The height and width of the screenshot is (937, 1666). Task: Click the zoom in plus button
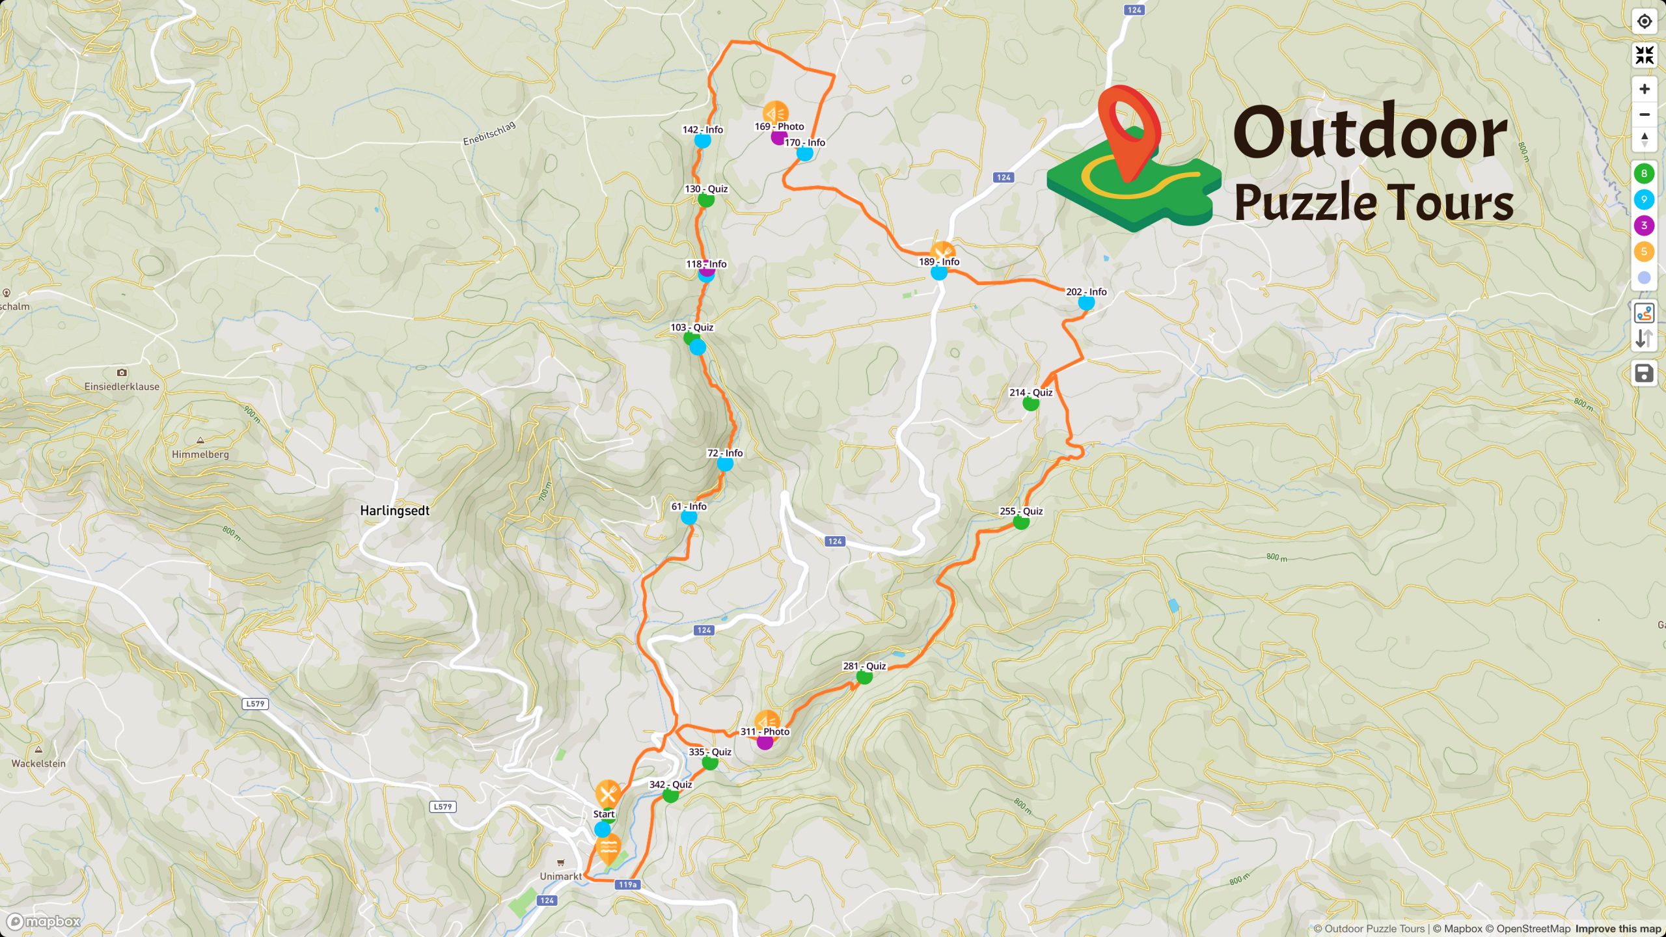coord(1644,89)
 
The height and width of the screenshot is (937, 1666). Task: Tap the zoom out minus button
coord(1644,115)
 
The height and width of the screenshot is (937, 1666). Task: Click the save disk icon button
coord(1644,373)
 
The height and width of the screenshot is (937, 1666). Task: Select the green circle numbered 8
coord(1644,173)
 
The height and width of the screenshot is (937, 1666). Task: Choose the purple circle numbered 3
coord(1644,225)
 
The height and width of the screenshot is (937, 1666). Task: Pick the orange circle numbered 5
coord(1644,251)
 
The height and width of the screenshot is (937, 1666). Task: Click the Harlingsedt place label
coord(394,511)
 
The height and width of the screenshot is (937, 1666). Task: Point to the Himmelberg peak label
coord(200,454)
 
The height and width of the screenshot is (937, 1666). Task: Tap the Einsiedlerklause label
coord(122,386)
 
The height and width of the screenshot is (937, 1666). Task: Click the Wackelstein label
coord(38,763)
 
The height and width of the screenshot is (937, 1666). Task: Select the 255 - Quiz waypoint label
coord(1021,511)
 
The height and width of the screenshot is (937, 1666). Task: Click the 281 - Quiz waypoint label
coord(864,666)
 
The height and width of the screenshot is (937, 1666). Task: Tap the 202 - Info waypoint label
coord(1086,292)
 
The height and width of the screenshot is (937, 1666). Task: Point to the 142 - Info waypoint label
coord(702,129)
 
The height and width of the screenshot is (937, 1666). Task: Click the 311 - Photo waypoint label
coord(765,731)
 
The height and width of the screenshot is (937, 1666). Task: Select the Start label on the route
coord(603,814)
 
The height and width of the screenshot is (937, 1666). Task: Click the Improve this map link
coord(1618,929)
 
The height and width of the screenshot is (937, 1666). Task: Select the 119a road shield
coord(627,884)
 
